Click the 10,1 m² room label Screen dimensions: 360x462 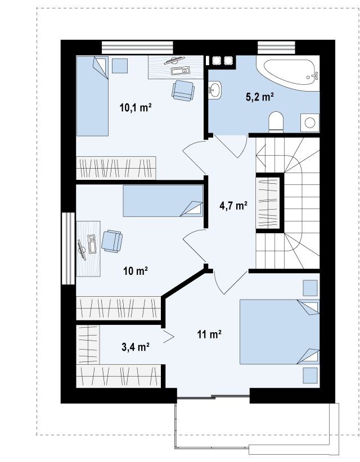[x=136, y=107]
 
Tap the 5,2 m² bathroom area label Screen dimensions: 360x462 [x=260, y=96]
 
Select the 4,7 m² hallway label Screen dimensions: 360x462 [x=233, y=205]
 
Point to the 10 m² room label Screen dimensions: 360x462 [x=136, y=270]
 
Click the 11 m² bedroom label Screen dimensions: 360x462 [x=209, y=334]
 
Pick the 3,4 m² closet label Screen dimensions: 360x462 [x=136, y=347]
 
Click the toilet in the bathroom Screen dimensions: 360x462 [x=276, y=121]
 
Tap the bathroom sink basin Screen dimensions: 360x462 [x=214, y=90]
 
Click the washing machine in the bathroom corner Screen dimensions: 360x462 [x=310, y=123]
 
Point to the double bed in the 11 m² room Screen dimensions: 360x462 [x=280, y=332]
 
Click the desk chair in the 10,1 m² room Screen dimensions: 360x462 [x=183, y=90]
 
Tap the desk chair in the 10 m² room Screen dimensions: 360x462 [x=112, y=241]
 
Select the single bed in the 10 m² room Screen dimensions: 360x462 [x=163, y=201]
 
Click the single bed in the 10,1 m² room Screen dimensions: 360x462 [x=92, y=96]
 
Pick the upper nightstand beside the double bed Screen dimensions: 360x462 [x=310, y=288]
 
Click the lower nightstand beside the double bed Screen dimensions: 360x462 [x=310, y=375]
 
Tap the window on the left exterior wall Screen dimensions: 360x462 [x=69, y=248]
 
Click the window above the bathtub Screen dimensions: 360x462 [x=276, y=47]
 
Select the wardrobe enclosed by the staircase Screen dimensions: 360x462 [x=267, y=203]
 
